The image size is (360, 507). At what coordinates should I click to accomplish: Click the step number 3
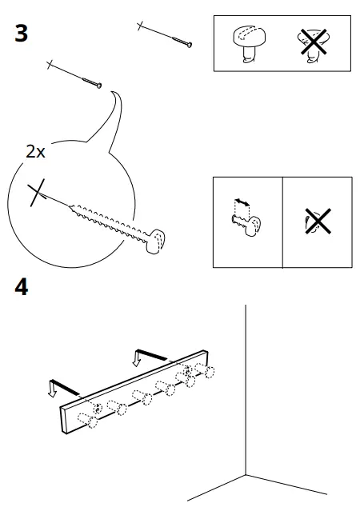click(21, 34)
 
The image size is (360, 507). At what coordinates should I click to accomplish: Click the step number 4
click(21, 286)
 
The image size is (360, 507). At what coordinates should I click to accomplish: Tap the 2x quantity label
click(35, 151)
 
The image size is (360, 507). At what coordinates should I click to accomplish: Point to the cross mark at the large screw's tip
click(34, 194)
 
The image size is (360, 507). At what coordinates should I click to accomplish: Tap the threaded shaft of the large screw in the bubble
click(108, 221)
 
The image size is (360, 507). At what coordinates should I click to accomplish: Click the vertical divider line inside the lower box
click(282, 222)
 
